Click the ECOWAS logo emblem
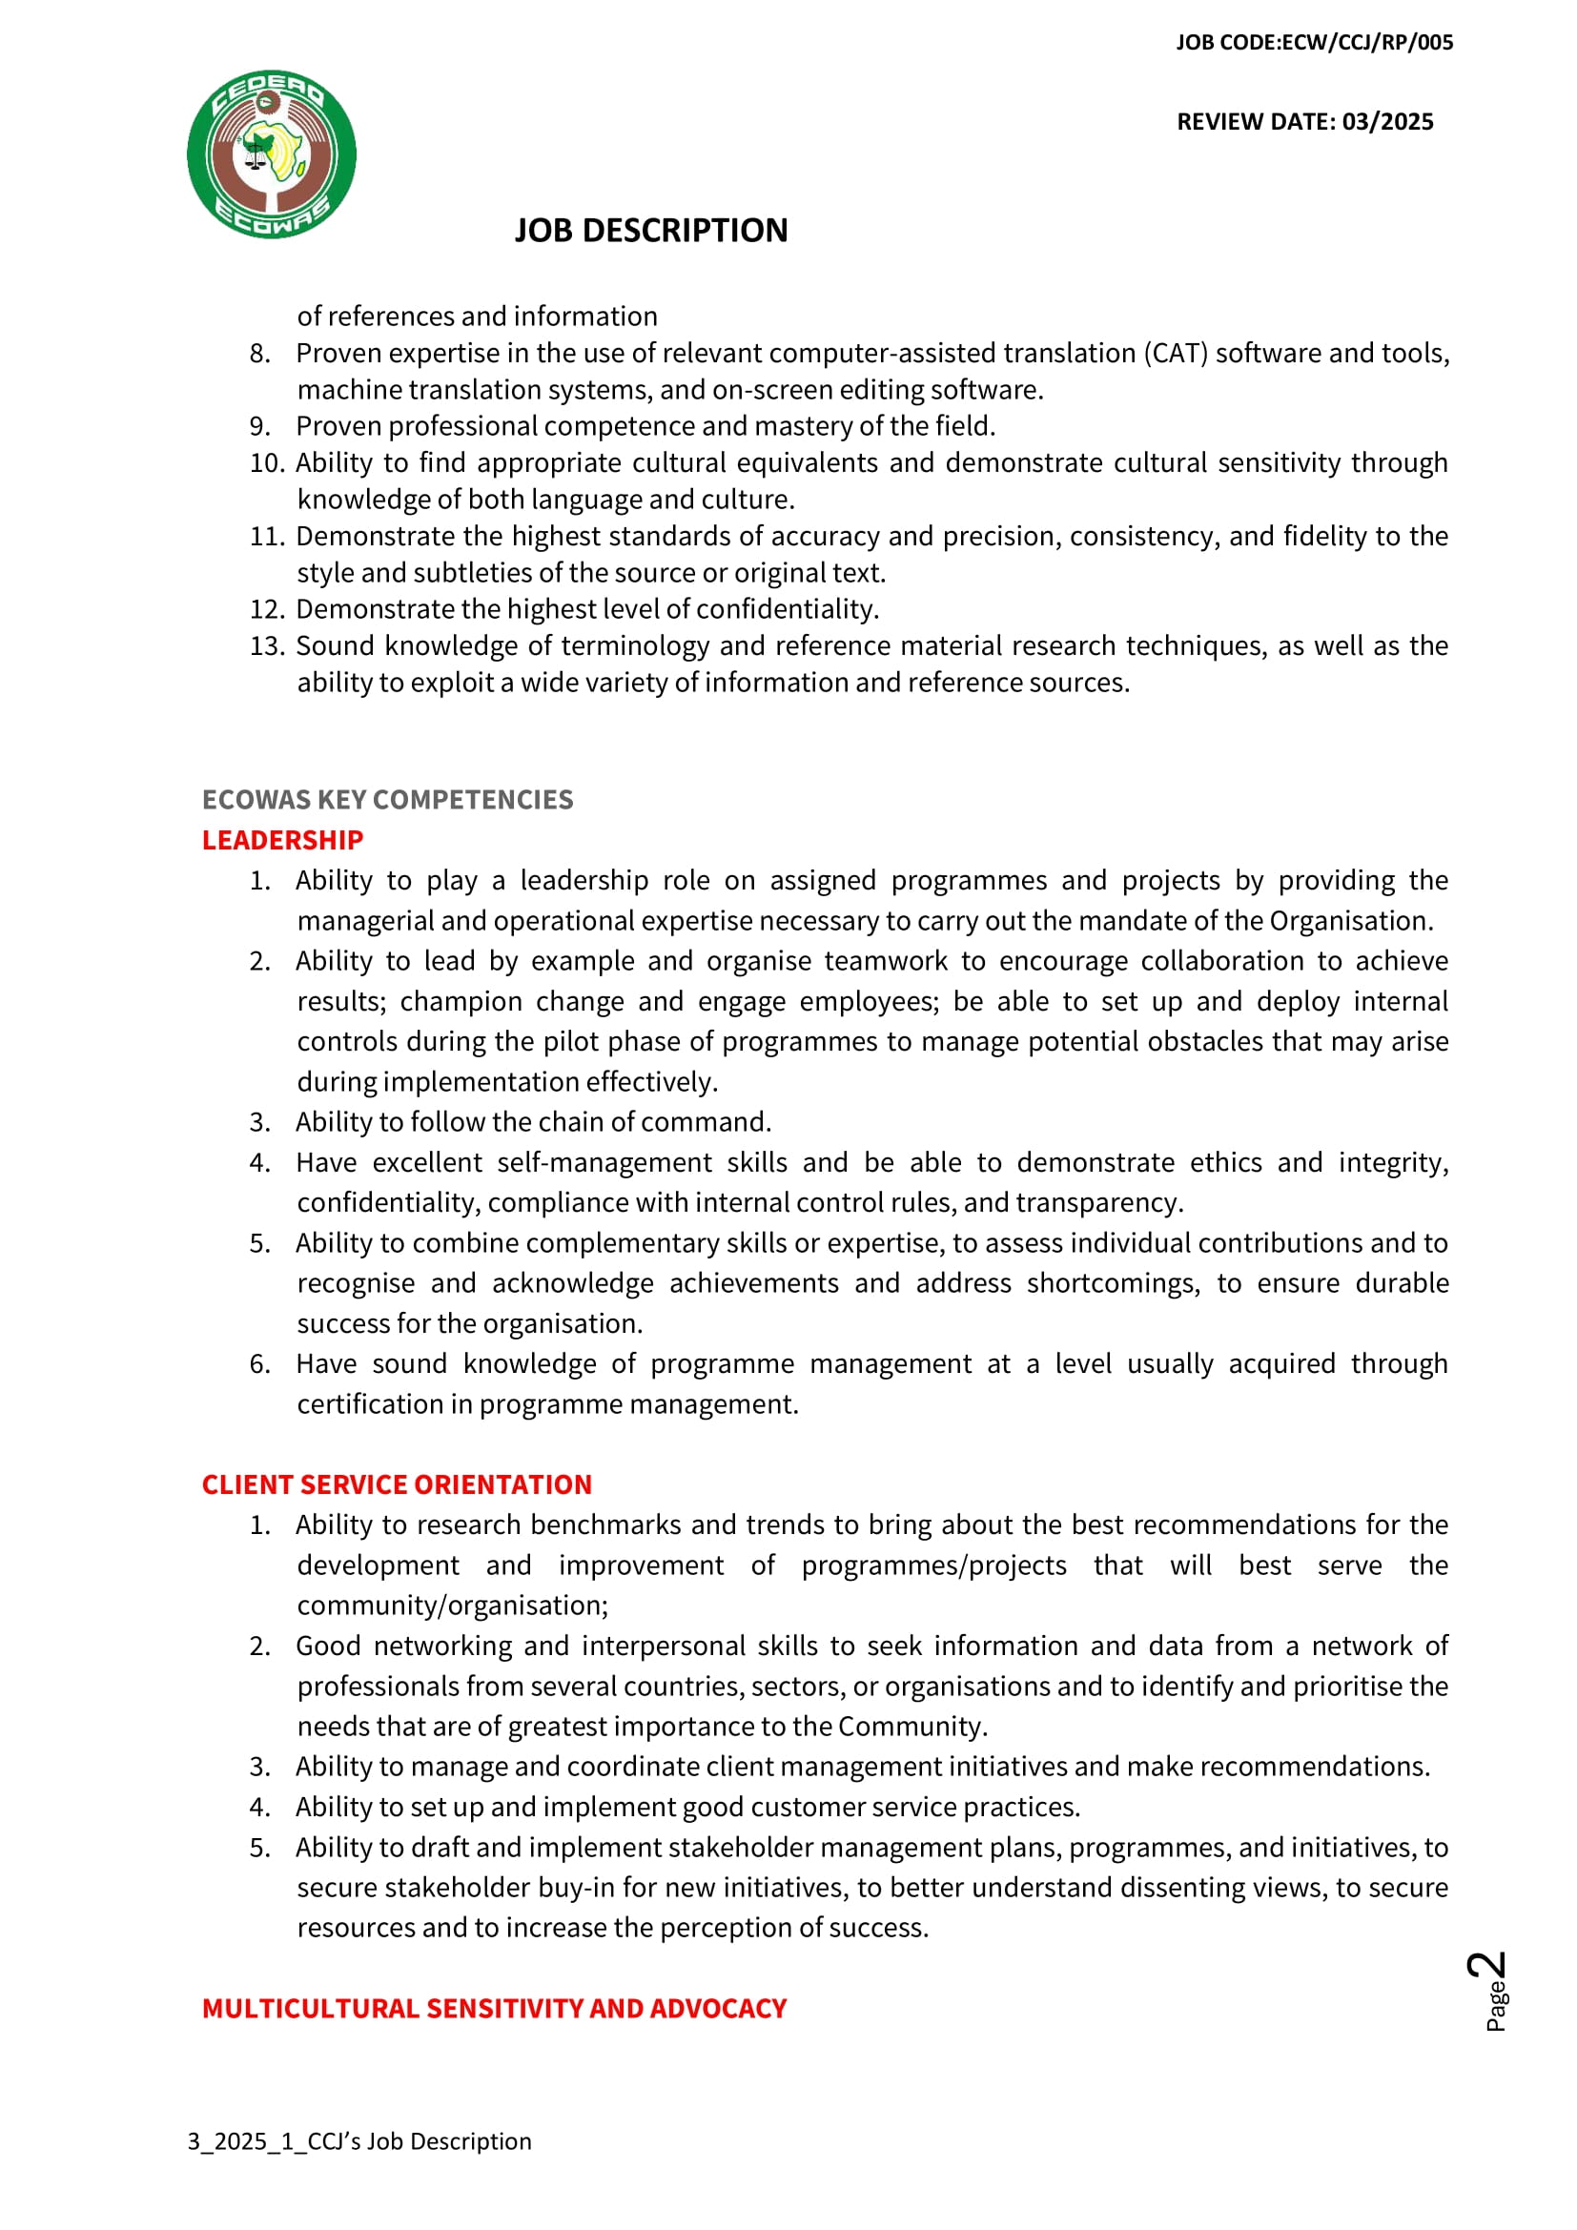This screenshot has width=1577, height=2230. (x=271, y=154)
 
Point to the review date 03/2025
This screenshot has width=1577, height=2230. (x=1387, y=122)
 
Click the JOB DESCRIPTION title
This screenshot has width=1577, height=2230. (x=650, y=231)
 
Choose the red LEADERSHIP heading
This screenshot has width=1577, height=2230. (x=281, y=840)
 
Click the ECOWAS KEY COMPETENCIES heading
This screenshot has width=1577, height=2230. (x=387, y=799)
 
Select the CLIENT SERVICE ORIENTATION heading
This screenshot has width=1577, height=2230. (x=397, y=1485)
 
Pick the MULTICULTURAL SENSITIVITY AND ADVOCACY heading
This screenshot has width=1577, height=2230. (x=493, y=2009)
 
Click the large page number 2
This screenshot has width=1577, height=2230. (x=1486, y=1968)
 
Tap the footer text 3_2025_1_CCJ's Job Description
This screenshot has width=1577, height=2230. (x=359, y=2141)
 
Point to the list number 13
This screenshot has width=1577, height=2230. (x=267, y=646)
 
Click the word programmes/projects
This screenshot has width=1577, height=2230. (x=933, y=1565)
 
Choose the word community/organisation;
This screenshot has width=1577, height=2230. (x=453, y=1606)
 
